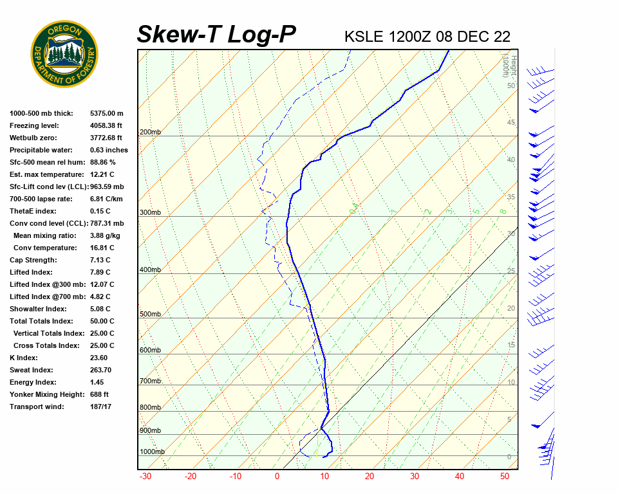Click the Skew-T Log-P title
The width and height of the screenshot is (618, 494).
[x=216, y=35]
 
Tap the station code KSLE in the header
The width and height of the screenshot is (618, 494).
[x=364, y=37]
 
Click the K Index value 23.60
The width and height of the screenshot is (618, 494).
[x=98, y=358]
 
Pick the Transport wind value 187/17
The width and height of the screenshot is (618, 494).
[x=101, y=407]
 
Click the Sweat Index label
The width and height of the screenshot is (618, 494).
[x=32, y=370]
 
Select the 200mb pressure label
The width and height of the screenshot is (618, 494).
[x=150, y=133]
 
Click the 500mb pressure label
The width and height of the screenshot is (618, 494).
[x=150, y=314]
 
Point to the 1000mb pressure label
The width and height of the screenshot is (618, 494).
[x=152, y=452]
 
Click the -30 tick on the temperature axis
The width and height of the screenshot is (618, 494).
[x=145, y=477]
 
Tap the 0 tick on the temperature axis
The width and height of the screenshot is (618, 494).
[x=277, y=477]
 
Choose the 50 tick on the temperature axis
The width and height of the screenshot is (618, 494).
[x=505, y=477]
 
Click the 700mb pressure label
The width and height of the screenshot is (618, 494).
[x=150, y=381]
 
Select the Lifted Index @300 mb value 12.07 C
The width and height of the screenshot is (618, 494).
[x=104, y=284]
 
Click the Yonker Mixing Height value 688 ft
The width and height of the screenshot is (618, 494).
[x=99, y=394]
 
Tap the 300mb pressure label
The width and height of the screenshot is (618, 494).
[x=150, y=212]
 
